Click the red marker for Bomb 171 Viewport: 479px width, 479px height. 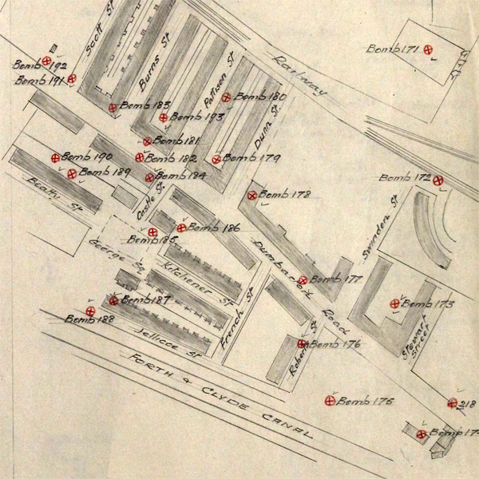pos(429,49)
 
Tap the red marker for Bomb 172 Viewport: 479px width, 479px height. pos(438,180)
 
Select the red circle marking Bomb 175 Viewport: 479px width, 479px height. pos(330,401)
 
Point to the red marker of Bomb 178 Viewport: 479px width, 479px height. pos(251,195)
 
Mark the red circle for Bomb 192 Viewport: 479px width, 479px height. pos(47,61)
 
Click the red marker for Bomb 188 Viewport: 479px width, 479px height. pos(90,310)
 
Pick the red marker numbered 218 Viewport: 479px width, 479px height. pos(453,403)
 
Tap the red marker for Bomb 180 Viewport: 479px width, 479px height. pos(227,97)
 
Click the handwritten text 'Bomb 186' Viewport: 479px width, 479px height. pos(213,228)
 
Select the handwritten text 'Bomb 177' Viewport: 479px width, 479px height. pos(336,280)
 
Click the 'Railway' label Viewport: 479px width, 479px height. pos(299,77)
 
